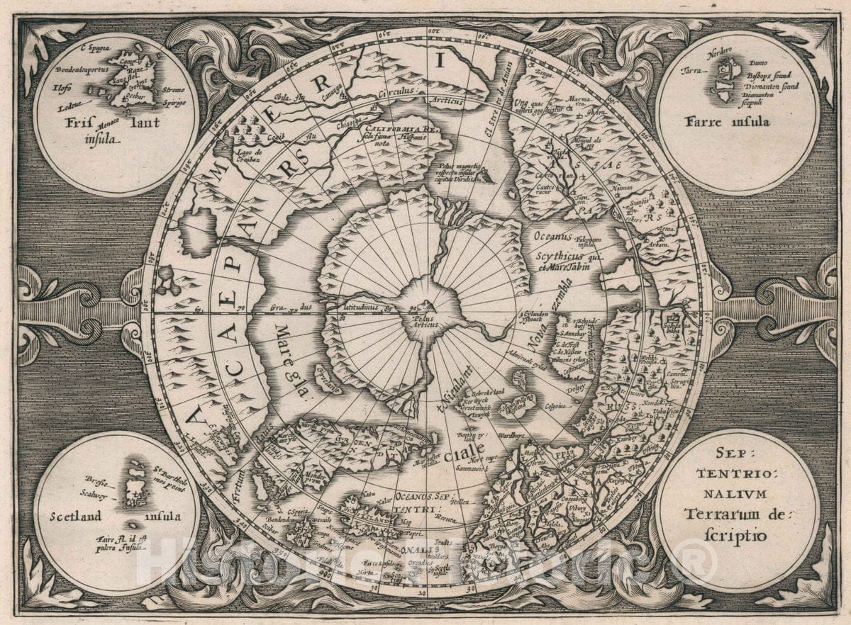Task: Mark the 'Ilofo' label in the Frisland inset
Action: (x=63, y=89)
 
